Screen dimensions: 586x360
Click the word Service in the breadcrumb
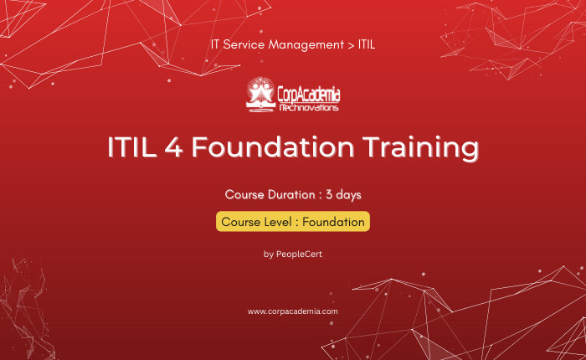click(244, 44)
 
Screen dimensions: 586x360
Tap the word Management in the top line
click(306, 45)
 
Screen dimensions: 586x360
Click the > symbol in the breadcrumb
click(351, 45)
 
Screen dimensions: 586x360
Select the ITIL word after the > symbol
click(367, 44)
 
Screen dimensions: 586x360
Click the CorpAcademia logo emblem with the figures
click(260, 95)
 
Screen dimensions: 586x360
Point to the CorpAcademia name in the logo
click(309, 95)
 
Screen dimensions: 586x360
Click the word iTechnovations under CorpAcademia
click(309, 108)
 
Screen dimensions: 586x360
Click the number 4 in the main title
click(174, 147)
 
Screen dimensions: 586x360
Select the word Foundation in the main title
click(273, 147)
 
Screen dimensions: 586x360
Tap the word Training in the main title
click(420, 148)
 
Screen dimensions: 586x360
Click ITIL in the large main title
click(132, 147)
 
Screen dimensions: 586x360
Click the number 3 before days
click(329, 195)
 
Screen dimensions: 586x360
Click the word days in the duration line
click(349, 195)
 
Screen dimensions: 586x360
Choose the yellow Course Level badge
click(293, 221)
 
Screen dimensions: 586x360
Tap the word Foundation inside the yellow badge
click(333, 222)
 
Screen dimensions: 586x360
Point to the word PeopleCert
click(299, 255)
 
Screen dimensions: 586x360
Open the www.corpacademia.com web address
click(293, 311)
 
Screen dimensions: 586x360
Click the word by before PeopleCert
click(269, 255)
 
